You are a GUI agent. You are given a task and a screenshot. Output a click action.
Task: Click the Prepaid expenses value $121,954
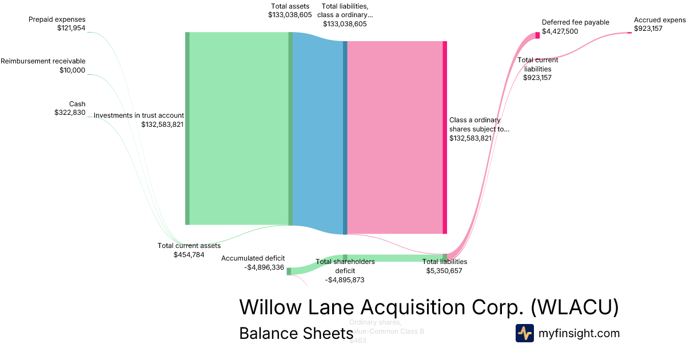(x=71, y=27)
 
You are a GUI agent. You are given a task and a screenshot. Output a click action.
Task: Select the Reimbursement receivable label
(x=43, y=61)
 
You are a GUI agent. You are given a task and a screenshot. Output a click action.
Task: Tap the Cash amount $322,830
(x=70, y=113)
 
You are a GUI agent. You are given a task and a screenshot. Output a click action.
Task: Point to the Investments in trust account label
(x=138, y=115)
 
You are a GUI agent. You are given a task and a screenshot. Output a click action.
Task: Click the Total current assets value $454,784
(x=189, y=254)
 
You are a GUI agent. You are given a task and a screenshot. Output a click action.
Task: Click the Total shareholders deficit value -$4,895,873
(x=345, y=280)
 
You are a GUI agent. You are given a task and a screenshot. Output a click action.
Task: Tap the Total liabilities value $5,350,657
(x=444, y=270)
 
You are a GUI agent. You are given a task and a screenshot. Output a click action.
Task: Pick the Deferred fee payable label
(x=575, y=22)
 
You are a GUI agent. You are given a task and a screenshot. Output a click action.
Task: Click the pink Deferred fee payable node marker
(x=537, y=35)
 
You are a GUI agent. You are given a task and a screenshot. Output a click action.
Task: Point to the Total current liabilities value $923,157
(x=537, y=78)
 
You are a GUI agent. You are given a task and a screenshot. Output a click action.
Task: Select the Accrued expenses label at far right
(x=659, y=20)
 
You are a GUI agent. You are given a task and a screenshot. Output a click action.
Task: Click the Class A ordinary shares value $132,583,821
(x=470, y=138)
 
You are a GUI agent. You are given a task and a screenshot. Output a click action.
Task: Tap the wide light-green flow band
(x=238, y=129)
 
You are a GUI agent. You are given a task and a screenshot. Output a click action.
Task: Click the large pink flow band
(x=394, y=137)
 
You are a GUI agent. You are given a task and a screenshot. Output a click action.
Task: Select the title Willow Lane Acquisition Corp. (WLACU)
(x=429, y=307)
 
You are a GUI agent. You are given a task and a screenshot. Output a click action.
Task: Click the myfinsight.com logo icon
(x=524, y=333)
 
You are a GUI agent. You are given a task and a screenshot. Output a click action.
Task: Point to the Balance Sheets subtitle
(x=296, y=333)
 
